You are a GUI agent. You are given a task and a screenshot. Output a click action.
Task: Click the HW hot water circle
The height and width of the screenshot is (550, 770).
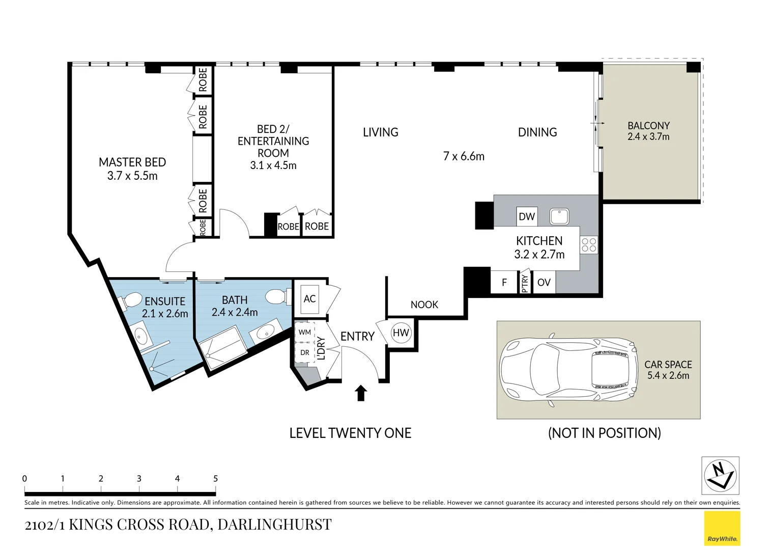401,333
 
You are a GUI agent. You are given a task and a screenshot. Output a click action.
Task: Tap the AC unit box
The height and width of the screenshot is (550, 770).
309,299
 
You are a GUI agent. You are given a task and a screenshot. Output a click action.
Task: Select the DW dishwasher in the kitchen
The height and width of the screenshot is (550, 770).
527,216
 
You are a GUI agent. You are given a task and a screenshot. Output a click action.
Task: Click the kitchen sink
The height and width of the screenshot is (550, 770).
559,217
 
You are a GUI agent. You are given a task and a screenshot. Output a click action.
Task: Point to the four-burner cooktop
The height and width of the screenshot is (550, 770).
589,245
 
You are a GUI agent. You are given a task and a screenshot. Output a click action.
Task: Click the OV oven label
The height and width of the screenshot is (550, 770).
544,283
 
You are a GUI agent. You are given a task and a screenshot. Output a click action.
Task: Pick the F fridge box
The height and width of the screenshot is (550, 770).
504,282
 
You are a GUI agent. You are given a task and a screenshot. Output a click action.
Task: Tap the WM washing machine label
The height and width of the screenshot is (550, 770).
304,332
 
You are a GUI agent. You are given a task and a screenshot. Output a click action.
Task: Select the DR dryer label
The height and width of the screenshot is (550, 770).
304,352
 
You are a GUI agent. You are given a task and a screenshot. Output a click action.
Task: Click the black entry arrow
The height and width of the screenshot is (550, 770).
361,393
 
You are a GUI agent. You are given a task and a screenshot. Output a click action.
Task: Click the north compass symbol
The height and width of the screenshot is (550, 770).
720,476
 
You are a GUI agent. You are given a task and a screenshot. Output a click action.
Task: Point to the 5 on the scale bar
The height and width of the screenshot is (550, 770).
216,479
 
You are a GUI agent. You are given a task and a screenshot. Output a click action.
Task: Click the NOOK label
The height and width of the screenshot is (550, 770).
424,305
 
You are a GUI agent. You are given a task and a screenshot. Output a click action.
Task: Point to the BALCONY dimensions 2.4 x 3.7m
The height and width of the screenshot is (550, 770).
648,136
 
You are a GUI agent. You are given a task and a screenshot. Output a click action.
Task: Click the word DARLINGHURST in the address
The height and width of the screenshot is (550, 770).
275,525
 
